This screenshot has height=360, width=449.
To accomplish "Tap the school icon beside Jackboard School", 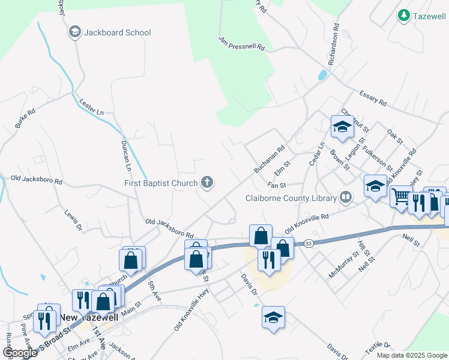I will (75, 32).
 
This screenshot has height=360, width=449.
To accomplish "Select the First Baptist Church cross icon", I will (207, 182).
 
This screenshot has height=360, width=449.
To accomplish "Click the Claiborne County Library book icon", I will (346, 197).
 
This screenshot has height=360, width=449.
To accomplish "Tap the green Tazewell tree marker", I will (404, 16).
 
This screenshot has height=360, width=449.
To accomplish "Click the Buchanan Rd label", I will (268, 161).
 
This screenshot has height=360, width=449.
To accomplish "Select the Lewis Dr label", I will (71, 220).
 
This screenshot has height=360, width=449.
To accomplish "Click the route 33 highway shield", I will (308, 243).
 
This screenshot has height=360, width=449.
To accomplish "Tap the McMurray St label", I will (343, 265).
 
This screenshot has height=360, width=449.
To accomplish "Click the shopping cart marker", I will (400, 196).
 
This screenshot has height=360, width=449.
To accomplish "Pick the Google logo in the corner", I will (20, 353).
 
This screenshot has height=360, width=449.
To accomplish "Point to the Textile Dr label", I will (378, 349).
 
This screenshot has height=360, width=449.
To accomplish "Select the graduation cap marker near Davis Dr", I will (273, 317).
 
